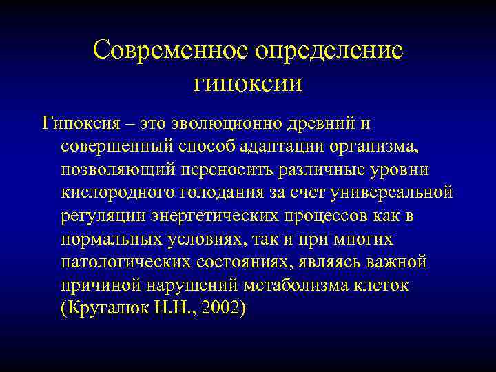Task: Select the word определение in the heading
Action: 329,51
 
